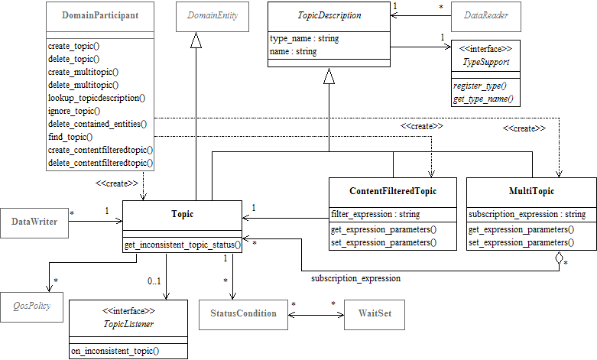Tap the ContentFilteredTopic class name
pos(393,191)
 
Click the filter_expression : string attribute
pos(375,215)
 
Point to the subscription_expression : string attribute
pos(527,215)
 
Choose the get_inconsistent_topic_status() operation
pos(183,245)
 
